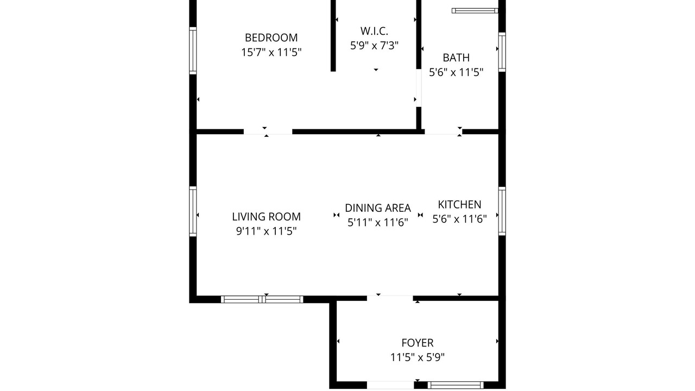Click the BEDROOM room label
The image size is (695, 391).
pos(271,37)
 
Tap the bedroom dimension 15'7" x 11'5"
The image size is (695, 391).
pos(271,52)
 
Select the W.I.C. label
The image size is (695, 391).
pos(374,31)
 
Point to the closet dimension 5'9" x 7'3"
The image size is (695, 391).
pos(374,46)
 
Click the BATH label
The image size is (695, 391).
pos(456,58)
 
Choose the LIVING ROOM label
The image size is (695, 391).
pos(266,217)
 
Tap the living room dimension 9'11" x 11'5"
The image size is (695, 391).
pos(266,231)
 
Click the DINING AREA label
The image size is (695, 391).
pos(377,208)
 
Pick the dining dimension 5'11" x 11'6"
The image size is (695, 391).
pos(377,223)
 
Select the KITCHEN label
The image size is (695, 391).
pos(459,205)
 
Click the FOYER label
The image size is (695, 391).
pos(418,343)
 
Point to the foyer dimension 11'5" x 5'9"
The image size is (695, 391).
pos(418,357)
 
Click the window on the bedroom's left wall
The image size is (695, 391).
pos(193,51)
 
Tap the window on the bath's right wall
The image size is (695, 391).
pos(502,52)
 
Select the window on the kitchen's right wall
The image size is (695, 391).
pos(502,211)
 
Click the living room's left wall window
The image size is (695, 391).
pos(193,211)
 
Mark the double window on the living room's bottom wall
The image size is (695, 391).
pos(262,299)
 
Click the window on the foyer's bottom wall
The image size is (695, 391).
pos(456,385)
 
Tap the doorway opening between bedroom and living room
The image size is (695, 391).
pos(268,132)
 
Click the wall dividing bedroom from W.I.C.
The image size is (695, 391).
pos(333,36)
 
